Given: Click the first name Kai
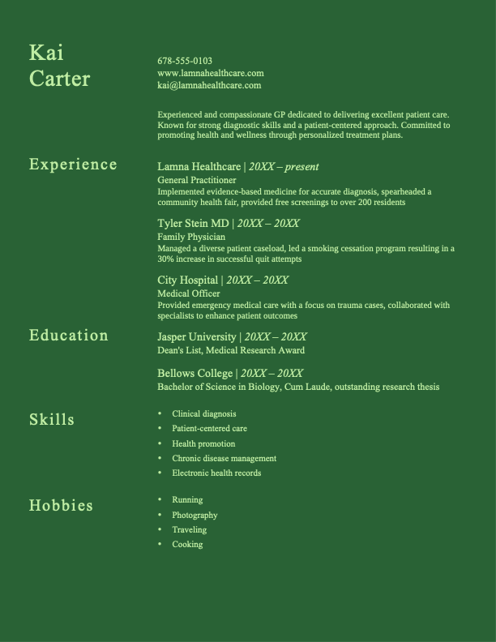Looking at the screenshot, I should click(x=46, y=53).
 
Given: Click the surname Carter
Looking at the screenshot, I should click(x=59, y=79).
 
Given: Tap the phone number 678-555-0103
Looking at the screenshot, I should click(x=185, y=61).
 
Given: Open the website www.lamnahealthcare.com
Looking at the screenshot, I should click(x=211, y=73).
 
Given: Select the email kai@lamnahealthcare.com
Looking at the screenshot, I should click(x=209, y=85).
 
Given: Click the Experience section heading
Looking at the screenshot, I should click(x=73, y=165).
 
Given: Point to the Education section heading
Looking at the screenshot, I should click(x=69, y=336).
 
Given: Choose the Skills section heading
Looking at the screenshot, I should click(x=52, y=420).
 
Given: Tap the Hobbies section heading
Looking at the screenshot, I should click(x=61, y=506).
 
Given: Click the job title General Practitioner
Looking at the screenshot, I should click(x=197, y=180).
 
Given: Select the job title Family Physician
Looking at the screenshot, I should click(x=191, y=237).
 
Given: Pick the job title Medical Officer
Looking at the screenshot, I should click(x=189, y=293).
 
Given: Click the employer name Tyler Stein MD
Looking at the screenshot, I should click(x=194, y=224).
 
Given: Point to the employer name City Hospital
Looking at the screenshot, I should click(x=188, y=280).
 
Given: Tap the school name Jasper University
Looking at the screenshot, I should click(x=197, y=337).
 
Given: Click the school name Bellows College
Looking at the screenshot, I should click(x=195, y=374).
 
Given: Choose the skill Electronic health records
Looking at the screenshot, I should click(x=216, y=473).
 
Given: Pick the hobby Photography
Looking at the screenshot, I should click(x=195, y=516).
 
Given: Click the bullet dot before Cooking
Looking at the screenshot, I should click(x=160, y=545).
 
